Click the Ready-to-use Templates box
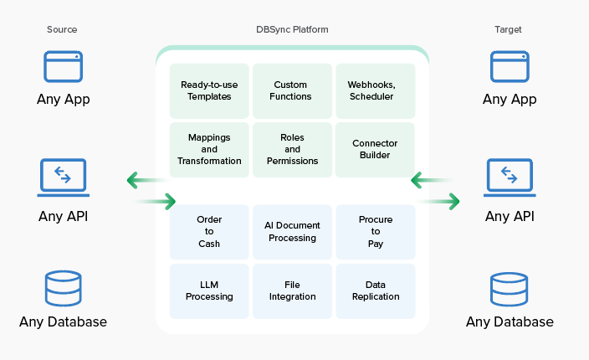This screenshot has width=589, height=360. coord(209,90)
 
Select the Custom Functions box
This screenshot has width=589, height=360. coord(292,90)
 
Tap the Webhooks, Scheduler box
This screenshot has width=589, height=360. coord(375,90)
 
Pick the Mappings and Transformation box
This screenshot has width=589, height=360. coord(209,149)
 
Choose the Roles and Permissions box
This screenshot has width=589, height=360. coord(292,149)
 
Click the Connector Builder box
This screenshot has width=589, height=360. coord(375,149)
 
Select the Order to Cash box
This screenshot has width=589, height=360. coord(209,231)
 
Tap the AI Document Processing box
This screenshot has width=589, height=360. coord(292,231)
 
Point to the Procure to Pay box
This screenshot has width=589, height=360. coord(375,231)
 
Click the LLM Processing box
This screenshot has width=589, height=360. coord(209,291)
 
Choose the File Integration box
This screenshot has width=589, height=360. coord(292,291)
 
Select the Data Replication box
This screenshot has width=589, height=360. coord(375,291)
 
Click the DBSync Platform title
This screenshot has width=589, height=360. coord(292,29)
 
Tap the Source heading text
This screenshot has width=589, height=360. coord(62,29)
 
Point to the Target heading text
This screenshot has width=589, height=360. coord(509,29)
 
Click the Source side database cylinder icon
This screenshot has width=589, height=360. coord(63,289)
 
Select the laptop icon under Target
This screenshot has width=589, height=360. coord(509,177)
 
